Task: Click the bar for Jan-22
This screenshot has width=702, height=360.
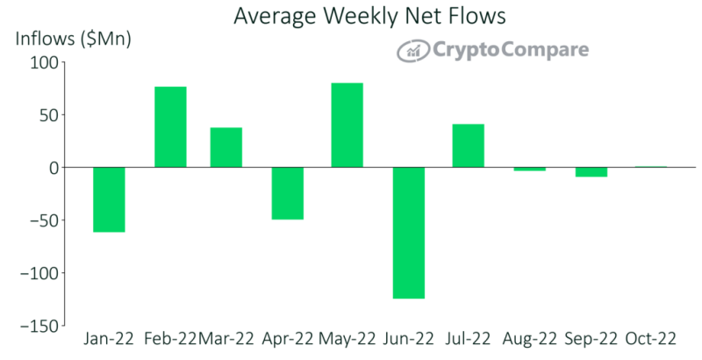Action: click(109, 199)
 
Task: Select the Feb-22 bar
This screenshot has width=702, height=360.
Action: click(170, 127)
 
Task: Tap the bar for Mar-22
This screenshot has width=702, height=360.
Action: click(226, 148)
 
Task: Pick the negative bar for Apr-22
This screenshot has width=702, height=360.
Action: click(288, 193)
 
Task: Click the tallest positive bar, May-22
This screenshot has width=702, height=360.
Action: click(347, 126)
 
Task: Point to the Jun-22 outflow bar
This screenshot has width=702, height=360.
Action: click(408, 233)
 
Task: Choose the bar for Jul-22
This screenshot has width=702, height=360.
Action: click(469, 146)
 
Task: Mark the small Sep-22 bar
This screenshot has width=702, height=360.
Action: click(591, 172)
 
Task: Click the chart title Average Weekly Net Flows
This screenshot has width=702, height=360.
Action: click(369, 16)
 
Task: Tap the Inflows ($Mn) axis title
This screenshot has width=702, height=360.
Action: click(73, 40)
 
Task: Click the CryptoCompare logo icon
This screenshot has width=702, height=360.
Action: click(413, 51)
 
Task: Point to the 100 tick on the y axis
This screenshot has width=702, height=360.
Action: click(45, 62)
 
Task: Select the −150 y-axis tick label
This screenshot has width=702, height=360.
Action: click(39, 326)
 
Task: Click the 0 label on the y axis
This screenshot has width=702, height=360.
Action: click(54, 168)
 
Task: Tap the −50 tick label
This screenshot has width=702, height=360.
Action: click(45, 220)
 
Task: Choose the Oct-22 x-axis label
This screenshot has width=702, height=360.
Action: click(651, 339)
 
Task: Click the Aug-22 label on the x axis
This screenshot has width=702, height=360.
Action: click(530, 339)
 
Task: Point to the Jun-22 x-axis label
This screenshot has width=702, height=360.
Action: click(409, 339)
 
